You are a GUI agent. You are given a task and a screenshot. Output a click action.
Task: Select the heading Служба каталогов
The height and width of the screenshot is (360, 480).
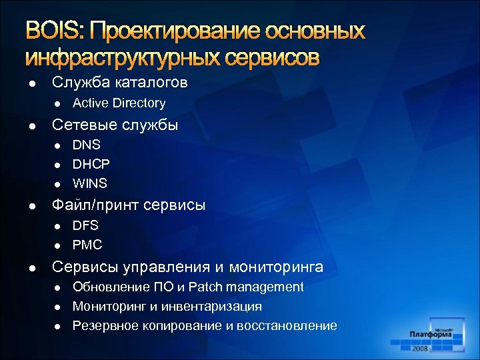coord(120,83)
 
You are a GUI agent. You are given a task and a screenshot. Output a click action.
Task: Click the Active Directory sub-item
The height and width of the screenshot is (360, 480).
coord(119,103)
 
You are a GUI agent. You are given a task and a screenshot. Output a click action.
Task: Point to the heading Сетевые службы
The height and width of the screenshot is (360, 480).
coord(115,125)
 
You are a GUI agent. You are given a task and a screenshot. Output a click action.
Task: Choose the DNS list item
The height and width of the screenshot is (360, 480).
coord(87,145)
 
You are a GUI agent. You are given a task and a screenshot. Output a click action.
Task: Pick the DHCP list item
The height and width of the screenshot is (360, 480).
coord(91,163)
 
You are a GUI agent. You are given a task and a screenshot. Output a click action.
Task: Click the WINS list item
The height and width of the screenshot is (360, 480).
coord(90,183)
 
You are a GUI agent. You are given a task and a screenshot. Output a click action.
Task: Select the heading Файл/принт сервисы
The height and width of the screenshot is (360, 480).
coord(129,205)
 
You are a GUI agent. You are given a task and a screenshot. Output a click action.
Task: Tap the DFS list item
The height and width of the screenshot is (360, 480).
coord(85,225)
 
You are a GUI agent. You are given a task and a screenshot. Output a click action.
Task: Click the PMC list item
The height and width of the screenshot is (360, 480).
coord(87,245)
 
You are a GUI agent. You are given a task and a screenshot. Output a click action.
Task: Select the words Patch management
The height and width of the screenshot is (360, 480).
coord(246,287)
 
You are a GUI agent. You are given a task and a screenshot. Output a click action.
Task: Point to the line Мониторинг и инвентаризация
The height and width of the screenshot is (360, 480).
coord(167,307)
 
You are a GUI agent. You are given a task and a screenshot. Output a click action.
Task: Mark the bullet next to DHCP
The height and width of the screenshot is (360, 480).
coord(57,164)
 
